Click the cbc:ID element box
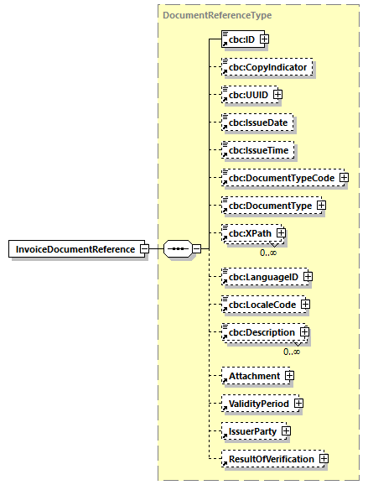[237, 39]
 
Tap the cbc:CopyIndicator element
[266, 66]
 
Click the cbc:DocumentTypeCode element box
[278, 178]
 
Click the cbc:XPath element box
[246, 233]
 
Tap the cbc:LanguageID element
[260, 275]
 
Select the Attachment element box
[251, 376]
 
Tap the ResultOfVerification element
[268, 459]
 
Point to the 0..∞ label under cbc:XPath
[268, 252]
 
